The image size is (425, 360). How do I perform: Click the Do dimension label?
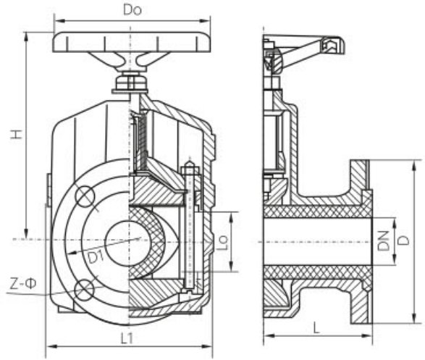point(132,10)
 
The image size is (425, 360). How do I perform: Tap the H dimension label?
point(17,134)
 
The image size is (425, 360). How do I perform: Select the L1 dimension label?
point(127,338)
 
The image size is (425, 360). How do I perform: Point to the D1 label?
point(96,256)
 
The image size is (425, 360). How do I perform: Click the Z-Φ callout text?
point(23,283)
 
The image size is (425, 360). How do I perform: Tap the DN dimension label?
point(384,240)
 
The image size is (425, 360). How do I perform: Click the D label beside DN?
point(405,240)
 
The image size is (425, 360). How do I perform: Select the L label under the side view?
point(316,328)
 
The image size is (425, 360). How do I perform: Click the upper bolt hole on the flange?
point(85,196)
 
